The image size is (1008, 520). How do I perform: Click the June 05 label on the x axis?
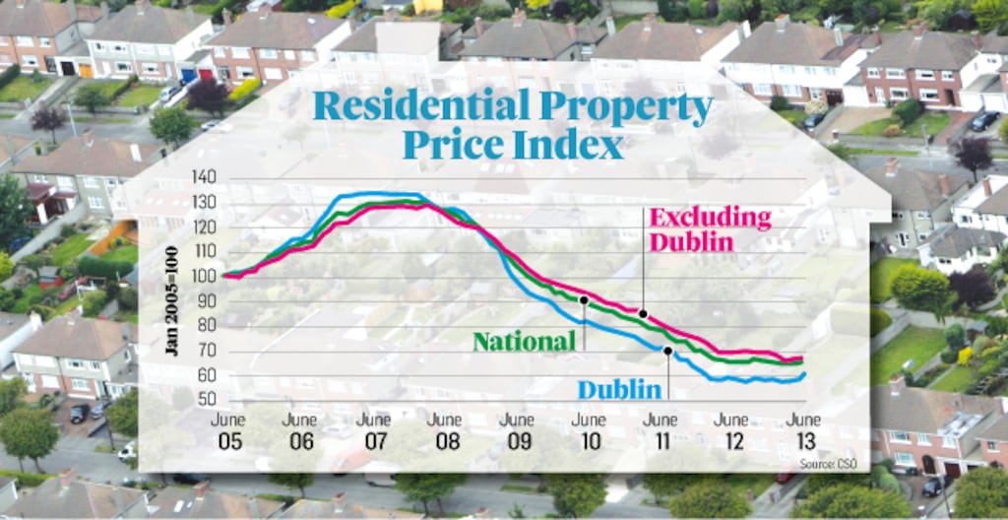click(227, 430)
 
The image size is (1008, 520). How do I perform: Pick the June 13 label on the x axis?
click(804, 430)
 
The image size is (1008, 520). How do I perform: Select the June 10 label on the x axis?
click(589, 430)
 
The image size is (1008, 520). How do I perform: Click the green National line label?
click(524, 342)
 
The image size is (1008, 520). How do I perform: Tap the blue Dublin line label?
click(619, 389)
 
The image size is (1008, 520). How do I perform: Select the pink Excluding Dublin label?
click(710, 228)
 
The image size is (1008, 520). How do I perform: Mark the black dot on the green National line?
click(584, 299)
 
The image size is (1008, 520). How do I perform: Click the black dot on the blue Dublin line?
click(667, 350)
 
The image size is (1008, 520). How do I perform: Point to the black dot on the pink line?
click(643, 314)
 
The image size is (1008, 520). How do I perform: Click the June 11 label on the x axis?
click(661, 430)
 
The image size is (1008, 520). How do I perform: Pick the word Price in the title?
click(449, 146)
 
